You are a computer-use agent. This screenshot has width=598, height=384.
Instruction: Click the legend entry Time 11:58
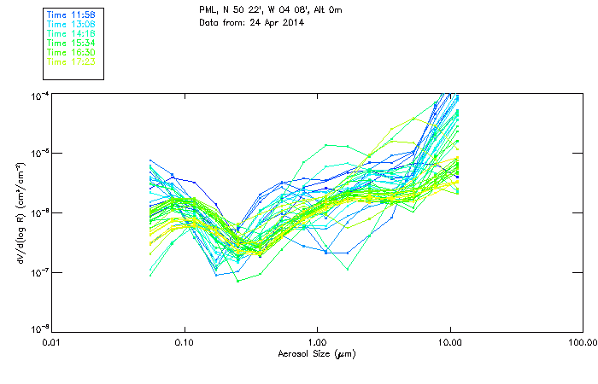click(x=72, y=15)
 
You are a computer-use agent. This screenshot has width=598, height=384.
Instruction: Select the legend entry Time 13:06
click(x=72, y=25)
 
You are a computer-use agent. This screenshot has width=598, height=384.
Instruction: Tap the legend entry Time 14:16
click(x=72, y=33)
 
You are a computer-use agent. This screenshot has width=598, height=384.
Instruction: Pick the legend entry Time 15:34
click(x=72, y=43)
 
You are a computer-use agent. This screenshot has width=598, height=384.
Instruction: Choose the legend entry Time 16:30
click(x=72, y=52)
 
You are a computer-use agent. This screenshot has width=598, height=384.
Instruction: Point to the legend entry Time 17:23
click(x=72, y=61)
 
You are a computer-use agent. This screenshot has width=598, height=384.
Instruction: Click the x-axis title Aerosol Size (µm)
click(x=316, y=353)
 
